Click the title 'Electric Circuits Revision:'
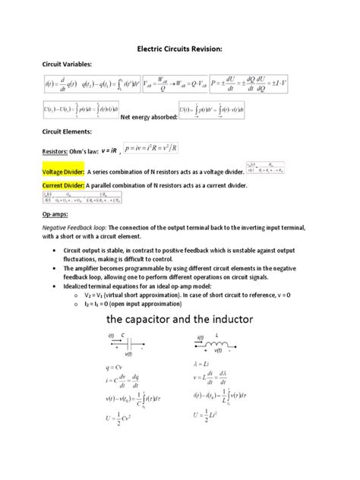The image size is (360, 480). click(x=178, y=49)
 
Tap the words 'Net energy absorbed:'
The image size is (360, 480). click(x=150, y=117)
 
